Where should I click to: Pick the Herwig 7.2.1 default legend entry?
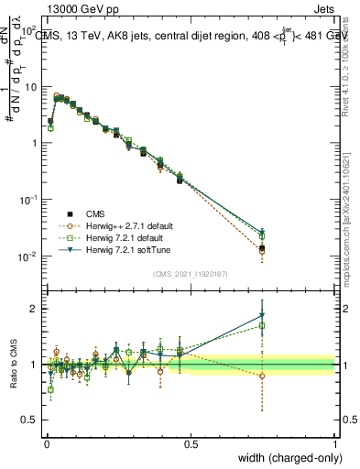point(116,237)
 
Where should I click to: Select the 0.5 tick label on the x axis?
point(191,444)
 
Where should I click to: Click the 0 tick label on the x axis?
point(46,444)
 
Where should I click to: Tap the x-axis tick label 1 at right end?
point(334,444)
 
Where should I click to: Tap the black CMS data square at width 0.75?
point(262,247)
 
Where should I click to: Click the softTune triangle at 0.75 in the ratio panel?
point(262,316)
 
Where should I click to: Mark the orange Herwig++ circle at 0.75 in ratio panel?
point(262,376)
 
